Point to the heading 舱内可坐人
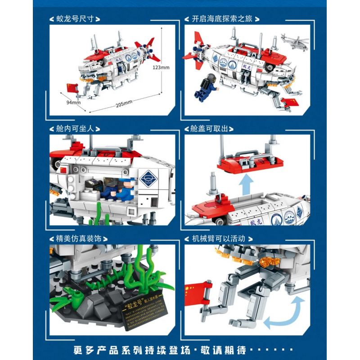point(74,129)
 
